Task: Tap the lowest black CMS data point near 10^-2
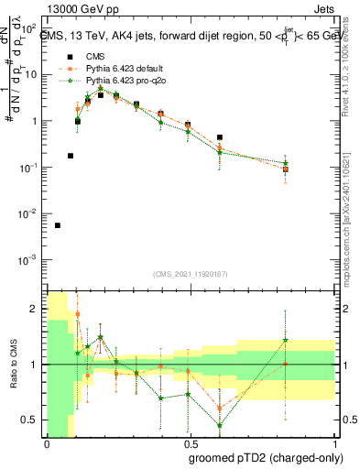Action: click(x=58, y=225)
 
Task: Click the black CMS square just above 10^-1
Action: click(x=71, y=156)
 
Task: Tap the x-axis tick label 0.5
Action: click(x=189, y=442)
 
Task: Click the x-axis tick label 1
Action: click(x=331, y=442)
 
